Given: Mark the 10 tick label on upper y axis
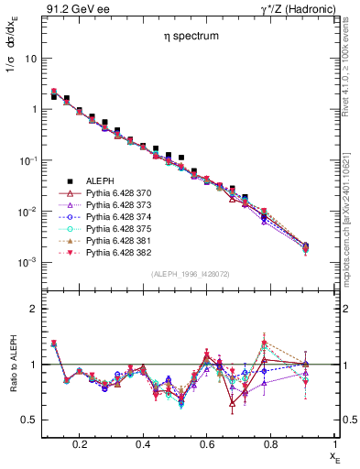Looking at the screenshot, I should pyautogui.click(x=30, y=58).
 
